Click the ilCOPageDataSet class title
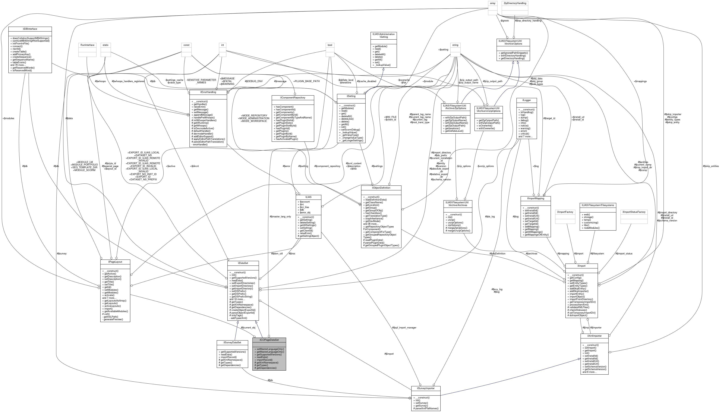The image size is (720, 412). click(x=269, y=340)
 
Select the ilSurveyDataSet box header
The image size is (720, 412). click(x=232, y=342)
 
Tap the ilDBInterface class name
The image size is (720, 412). click(x=30, y=29)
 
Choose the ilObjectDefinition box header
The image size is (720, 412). click(x=381, y=188)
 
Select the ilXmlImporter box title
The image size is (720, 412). click(x=594, y=336)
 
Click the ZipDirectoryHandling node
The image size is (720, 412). click(x=515, y=3)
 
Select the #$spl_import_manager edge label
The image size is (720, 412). click(x=404, y=328)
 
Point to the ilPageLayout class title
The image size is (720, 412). click(x=115, y=262)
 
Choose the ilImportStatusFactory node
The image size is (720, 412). click(x=634, y=212)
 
